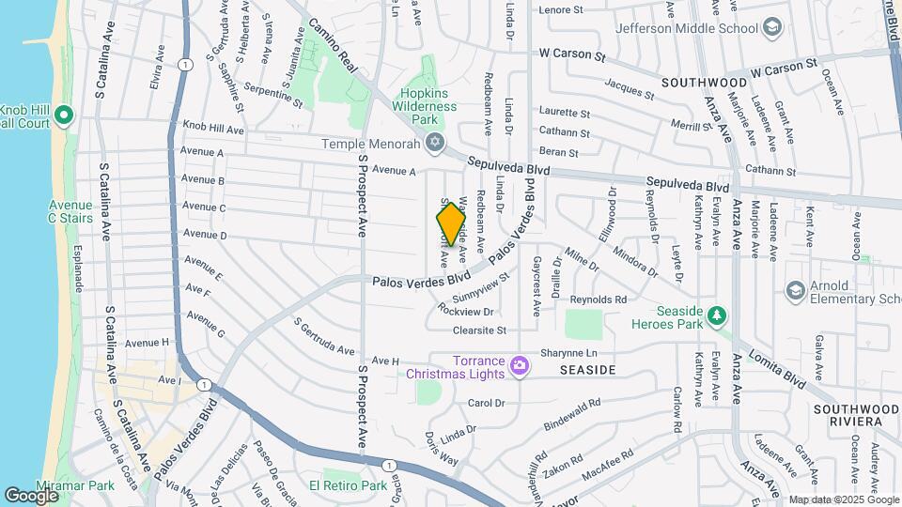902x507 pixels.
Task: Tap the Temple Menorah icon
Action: [434, 143]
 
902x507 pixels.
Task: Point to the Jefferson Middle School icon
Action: [772, 27]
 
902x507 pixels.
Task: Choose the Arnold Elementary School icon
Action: [796, 288]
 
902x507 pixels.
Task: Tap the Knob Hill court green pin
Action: [64, 116]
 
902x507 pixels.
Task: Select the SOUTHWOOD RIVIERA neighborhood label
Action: [856, 416]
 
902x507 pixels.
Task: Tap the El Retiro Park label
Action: [355, 486]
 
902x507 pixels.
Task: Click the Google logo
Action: [31, 495]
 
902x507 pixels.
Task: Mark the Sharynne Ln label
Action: [568, 353]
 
